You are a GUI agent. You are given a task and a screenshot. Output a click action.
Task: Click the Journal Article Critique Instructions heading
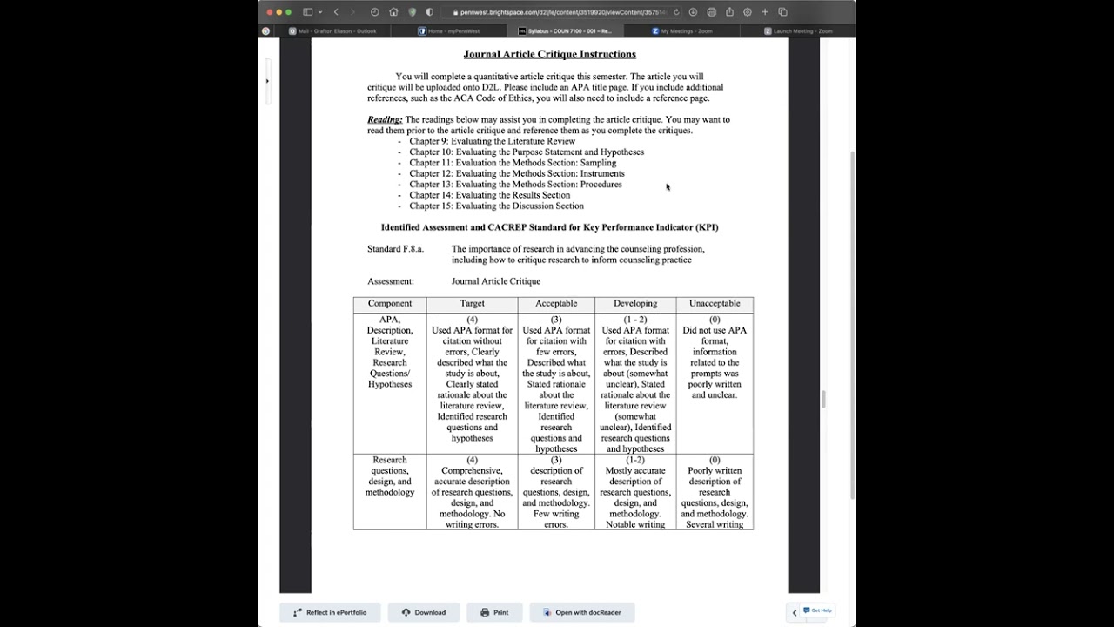[549, 54]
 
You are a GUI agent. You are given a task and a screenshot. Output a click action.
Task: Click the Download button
[424, 612]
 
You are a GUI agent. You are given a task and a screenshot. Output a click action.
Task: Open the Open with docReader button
[581, 612]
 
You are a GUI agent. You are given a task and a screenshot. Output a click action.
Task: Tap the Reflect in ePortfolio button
[330, 612]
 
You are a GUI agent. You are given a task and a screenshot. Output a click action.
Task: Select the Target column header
[472, 304]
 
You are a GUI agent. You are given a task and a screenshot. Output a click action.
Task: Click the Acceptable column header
[556, 304]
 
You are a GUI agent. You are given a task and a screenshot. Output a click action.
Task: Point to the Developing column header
[635, 304]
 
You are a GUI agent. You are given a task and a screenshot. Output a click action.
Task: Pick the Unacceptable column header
[715, 304]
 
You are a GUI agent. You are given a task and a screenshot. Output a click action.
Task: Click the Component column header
[390, 304]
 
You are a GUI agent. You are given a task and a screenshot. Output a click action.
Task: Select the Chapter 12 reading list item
[516, 173]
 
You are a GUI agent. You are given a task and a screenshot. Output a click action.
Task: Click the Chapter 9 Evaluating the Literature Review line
[492, 141]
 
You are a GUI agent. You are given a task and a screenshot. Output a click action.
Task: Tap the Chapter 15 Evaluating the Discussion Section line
[496, 206]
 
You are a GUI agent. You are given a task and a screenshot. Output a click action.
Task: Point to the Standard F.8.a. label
[395, 249]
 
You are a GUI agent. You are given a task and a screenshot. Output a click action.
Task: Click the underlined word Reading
[384, 119]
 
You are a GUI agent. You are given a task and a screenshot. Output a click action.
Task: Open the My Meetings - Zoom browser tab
[686, 30]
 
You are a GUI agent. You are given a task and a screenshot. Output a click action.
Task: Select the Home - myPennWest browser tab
[453, 30]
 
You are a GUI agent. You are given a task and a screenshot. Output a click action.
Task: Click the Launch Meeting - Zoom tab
[802, 30]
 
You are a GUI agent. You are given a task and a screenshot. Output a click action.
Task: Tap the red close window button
[269, 12]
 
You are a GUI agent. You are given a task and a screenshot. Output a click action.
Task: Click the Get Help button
[817, 610]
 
